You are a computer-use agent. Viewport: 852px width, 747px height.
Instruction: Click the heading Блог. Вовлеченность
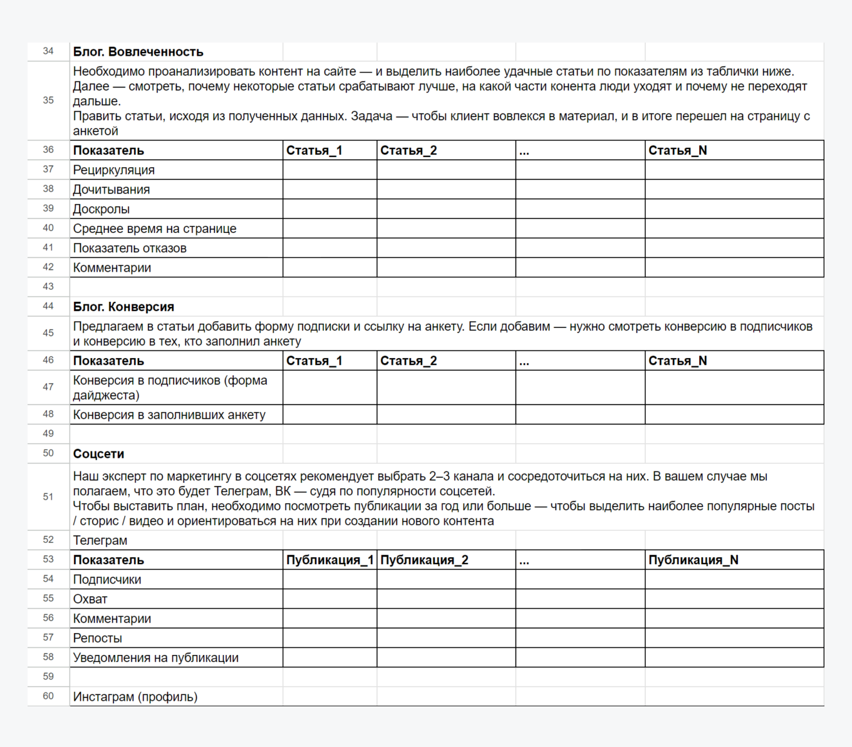click(138, 52)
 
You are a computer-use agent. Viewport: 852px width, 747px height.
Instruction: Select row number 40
click(48, 228)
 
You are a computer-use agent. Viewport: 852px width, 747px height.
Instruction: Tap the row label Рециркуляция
click(113, 170)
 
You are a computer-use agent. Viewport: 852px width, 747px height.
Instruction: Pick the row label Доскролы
click(101, 209)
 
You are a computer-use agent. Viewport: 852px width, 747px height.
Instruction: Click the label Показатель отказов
click(130, 248)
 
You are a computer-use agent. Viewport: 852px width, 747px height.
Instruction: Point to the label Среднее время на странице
click(155, 229)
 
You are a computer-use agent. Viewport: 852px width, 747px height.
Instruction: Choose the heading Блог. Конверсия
click(123, 307)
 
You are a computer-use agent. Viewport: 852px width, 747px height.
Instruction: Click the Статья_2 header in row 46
click(408, 361)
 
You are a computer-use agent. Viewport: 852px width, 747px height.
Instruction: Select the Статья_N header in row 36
click(677, 150)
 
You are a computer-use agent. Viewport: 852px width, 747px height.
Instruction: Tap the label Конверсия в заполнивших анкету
click(169, 415)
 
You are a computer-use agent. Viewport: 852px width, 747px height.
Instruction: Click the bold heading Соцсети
click(98, 454)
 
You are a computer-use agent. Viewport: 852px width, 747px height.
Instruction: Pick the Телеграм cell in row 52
click(100, 540)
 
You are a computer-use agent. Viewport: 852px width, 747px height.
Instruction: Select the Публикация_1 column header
click(330, 560)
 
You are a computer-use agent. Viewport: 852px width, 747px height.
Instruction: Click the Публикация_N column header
click(693, 560)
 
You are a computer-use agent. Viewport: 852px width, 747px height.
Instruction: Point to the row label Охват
click(90, 599)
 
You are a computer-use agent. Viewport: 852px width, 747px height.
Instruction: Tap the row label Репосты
click(97, 638)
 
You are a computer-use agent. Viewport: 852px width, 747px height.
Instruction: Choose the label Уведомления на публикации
click(155, 657)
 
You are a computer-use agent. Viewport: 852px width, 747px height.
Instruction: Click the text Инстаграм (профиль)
click(135, 697)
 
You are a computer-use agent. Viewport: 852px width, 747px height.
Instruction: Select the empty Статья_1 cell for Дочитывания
click(330, 189)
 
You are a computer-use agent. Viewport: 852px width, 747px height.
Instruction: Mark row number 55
click(48, 599)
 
